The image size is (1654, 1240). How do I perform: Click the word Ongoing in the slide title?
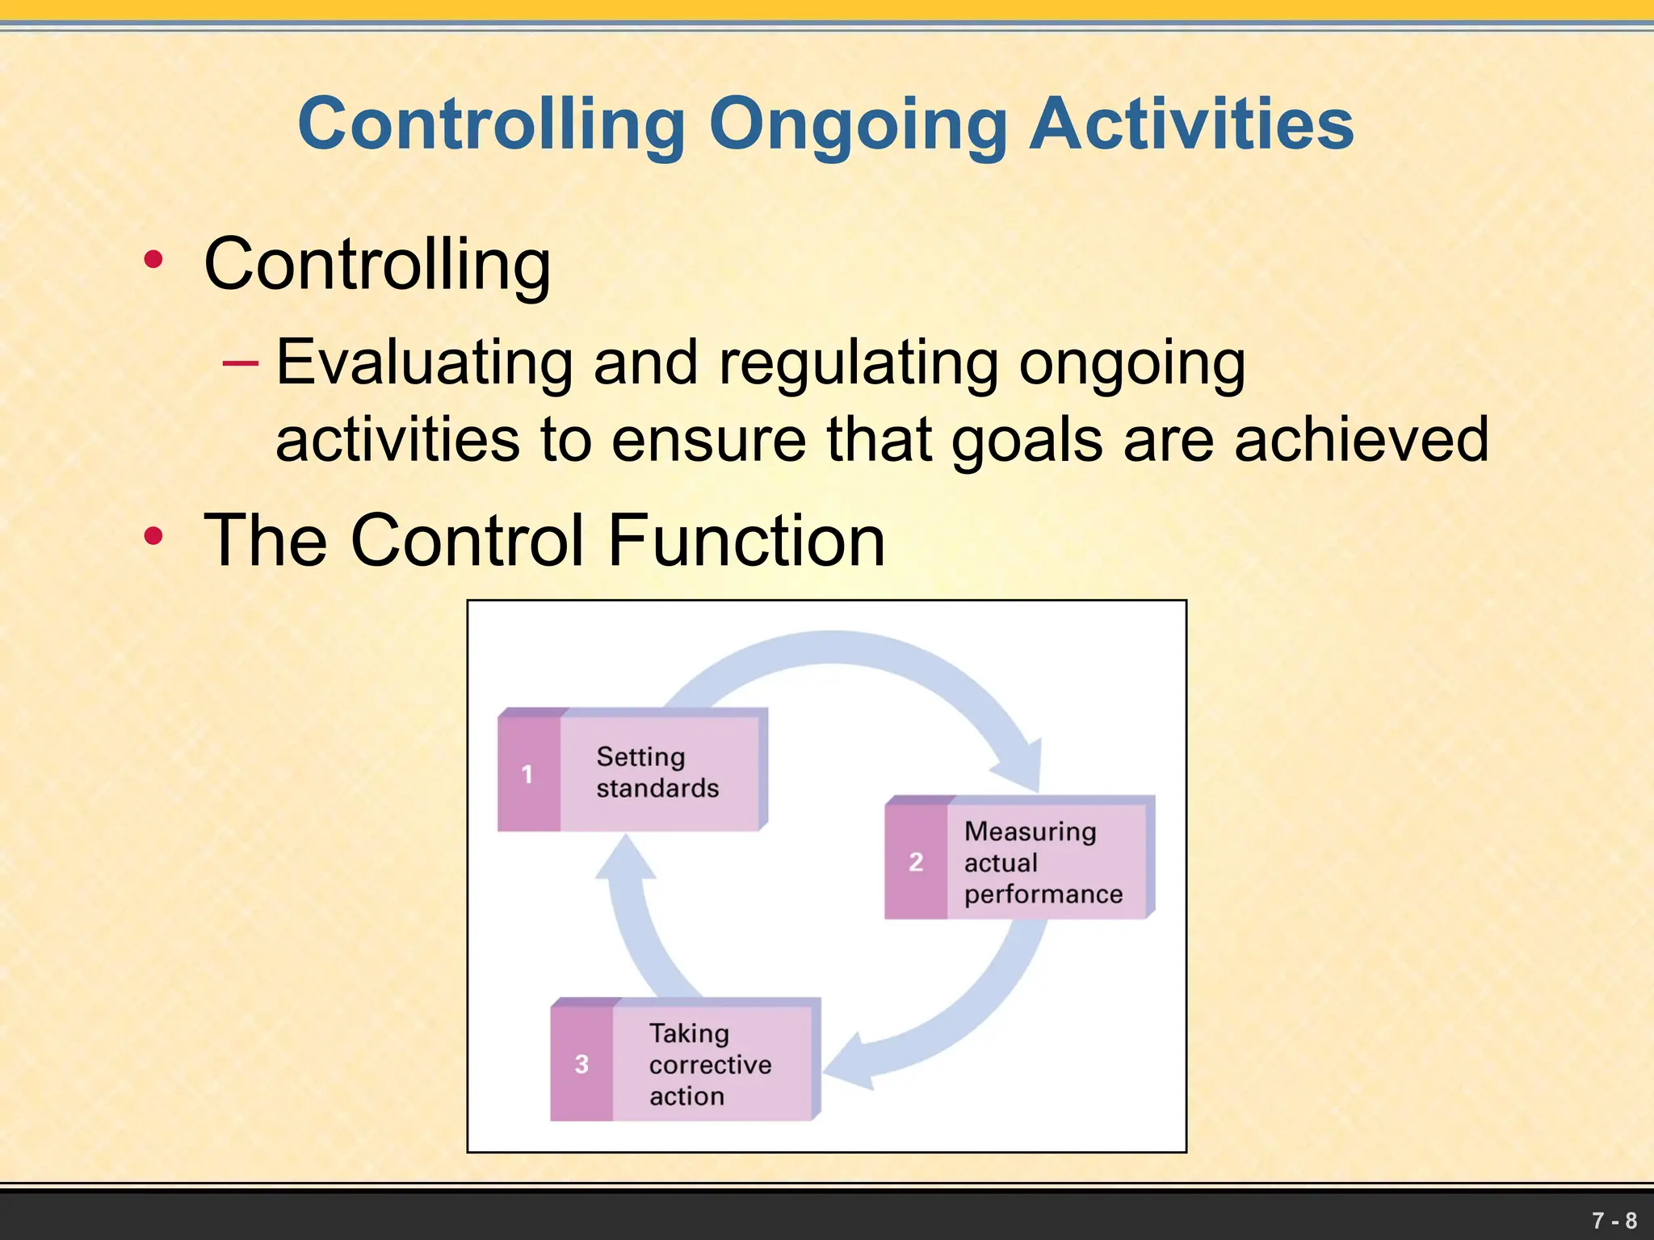858,125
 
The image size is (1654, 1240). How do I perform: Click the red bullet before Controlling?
153,260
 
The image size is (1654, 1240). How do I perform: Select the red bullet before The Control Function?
153,536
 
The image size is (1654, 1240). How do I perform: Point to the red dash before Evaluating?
241,363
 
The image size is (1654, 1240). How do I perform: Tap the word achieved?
1361,439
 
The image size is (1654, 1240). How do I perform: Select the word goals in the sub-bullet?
1026,441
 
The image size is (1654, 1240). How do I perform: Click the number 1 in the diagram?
527,774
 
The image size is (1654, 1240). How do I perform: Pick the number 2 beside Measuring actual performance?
915,862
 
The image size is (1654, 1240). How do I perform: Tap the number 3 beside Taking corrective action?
581,1064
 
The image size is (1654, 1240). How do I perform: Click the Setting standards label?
657,772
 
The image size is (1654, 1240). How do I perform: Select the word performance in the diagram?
1043,894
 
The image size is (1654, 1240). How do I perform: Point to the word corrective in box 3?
710,1065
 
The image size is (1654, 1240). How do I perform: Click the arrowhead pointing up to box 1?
625,858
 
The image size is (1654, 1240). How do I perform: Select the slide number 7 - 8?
1614,1220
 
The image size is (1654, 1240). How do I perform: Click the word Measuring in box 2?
1030,831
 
